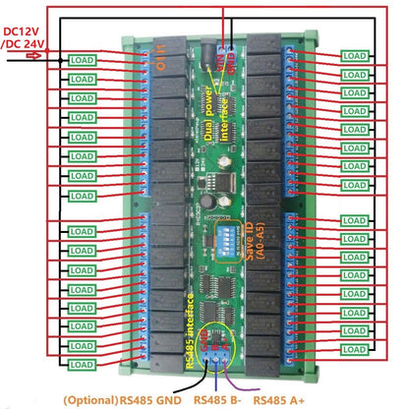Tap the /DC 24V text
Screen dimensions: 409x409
click(x=24, y=44)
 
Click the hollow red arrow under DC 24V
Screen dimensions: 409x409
click(x=32, y=57)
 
